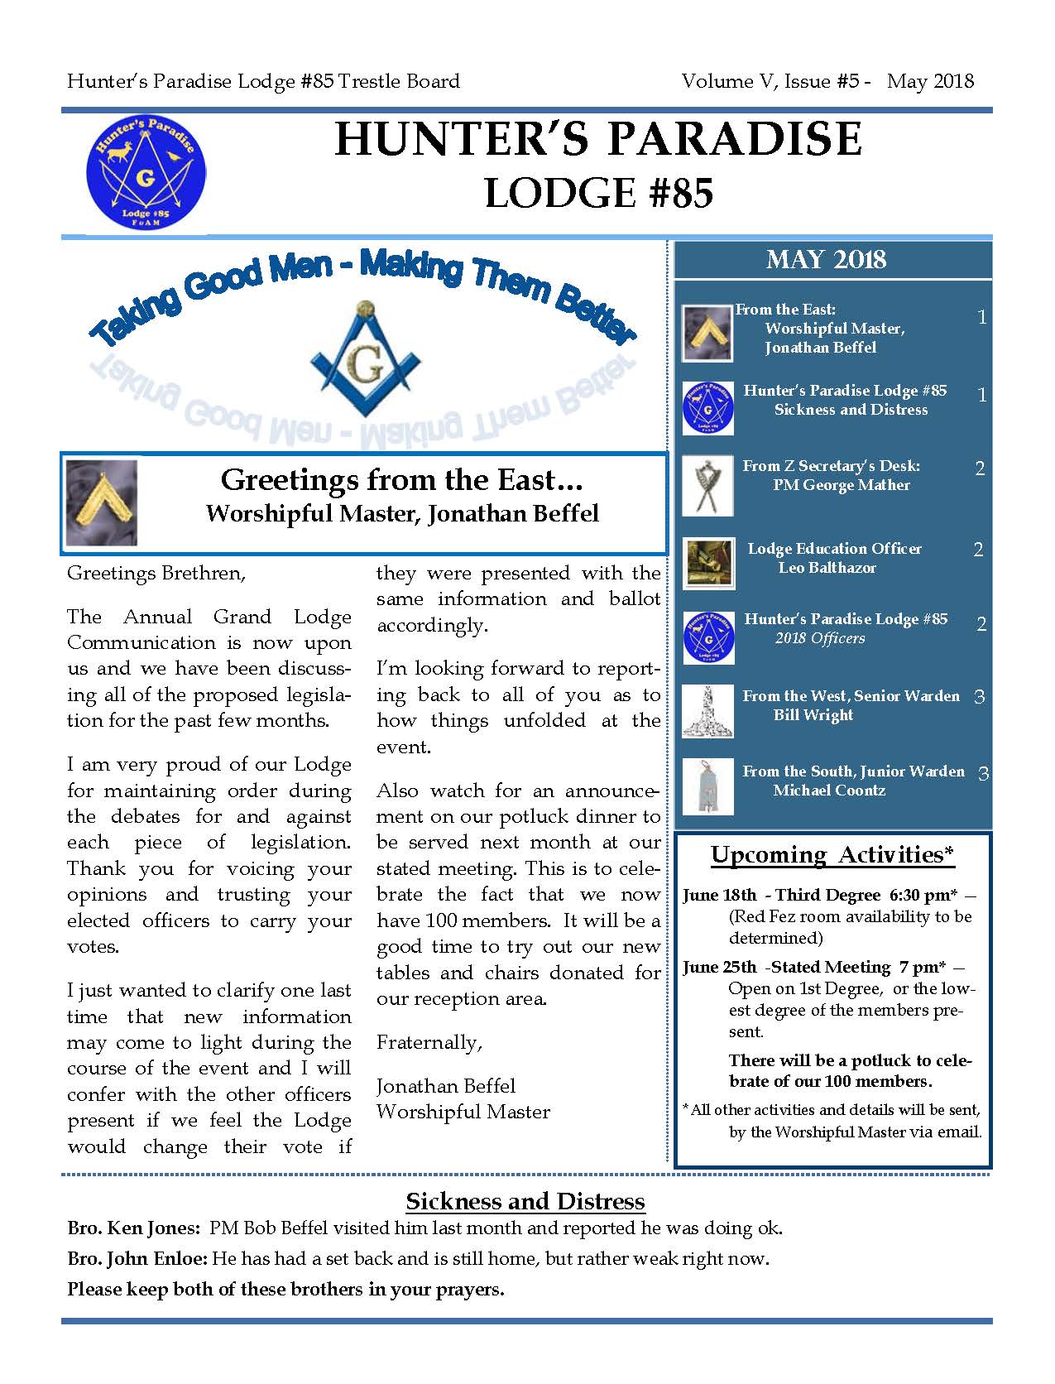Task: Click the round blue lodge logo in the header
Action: click(146, 171)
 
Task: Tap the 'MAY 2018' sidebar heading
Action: click(826, 260)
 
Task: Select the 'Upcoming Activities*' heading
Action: click(832, 854)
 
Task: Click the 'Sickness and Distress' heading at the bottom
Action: click(525, 1201)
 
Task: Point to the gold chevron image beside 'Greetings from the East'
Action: click(101, 502)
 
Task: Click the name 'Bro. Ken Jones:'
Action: click(133, 1228)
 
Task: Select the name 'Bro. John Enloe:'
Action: click(137, 1259)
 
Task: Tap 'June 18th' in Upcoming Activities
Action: click(719, 895)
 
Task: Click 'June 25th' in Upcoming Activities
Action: click(719, 967)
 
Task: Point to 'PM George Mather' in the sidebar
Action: click(842, 485)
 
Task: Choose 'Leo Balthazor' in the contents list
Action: click(827, 568)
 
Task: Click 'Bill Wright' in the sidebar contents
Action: click(813, 715)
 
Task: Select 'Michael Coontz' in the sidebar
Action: click(829, 791)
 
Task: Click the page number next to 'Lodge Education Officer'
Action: click(978, 550)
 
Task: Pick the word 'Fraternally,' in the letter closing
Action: click(429, 1042)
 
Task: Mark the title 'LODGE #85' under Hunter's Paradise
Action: click(598, 194)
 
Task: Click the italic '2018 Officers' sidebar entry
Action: click(820, 638)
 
